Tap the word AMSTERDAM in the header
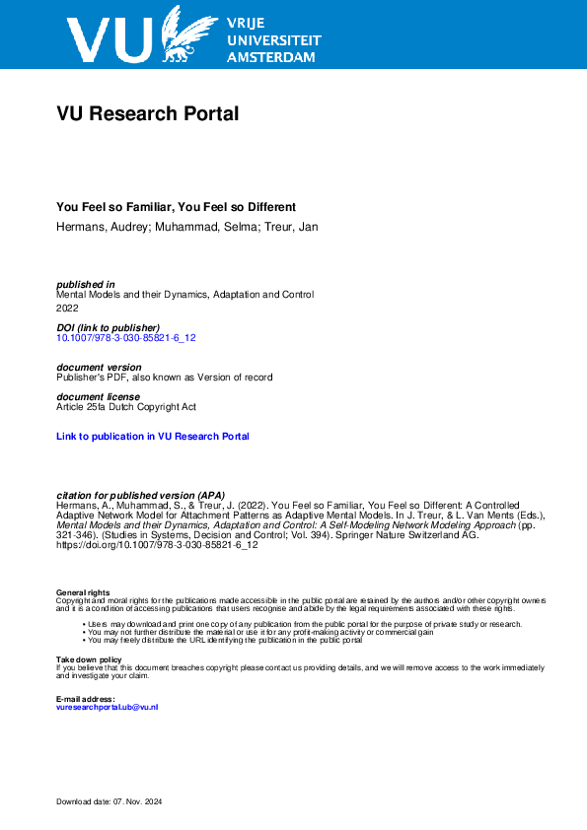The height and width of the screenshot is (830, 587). [x=271, y=58]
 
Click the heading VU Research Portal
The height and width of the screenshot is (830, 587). [x=148, y=114]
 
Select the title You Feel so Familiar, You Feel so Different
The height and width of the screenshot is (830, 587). [x=177, y=207]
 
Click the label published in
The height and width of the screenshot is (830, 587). [x=86, y=284]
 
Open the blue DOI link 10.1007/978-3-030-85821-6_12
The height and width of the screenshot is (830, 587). [x=126, y=338]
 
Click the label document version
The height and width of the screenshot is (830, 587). [x=100, y=367]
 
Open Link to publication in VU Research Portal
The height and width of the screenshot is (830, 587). [x=153, y=436]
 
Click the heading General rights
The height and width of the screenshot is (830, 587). [x=83, y=592]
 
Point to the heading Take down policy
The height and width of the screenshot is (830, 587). [x=89, y=659]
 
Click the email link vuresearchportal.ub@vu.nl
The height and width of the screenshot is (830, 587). [x=108, y=707]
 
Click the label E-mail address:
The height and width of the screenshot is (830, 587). [x=86, y=699]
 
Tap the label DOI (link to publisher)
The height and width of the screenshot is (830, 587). [x=109, y=327]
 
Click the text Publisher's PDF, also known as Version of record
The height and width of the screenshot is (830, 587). [x=165, y=378]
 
